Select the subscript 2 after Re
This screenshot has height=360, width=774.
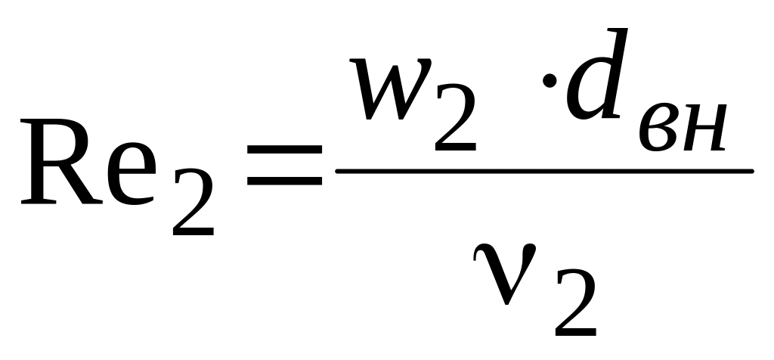pos(193,204)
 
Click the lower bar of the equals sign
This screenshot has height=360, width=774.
pos(284,183)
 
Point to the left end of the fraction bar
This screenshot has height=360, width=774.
pos(338,170)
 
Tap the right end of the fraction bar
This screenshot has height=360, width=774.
pos(752,170)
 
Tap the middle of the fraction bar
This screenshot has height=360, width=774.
pos(545,170)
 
